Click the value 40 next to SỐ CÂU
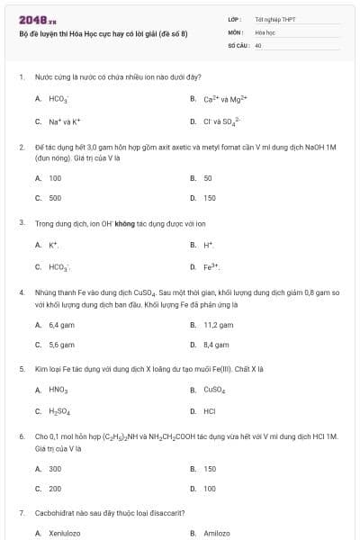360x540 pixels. [x=258, y=44]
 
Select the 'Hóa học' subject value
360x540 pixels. [x=265, y=31]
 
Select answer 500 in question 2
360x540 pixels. [x=55, y=197]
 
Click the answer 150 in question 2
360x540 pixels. [x=209, y=197]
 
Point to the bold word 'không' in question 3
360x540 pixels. [x=124, y=221]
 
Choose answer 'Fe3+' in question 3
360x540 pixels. [x=211, y=266]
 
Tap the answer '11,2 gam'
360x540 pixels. [x=218, y=324]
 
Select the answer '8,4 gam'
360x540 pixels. [x=216, y=344]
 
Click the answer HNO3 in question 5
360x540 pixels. [x=58, y=390]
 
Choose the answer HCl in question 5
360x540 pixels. [x=209, y=411]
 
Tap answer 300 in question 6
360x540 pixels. [x=55, y=468]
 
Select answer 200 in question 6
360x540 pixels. [x=55, y=489]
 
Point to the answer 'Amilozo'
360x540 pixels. [x=217, y=534]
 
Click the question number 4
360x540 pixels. [x=21, y=292]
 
